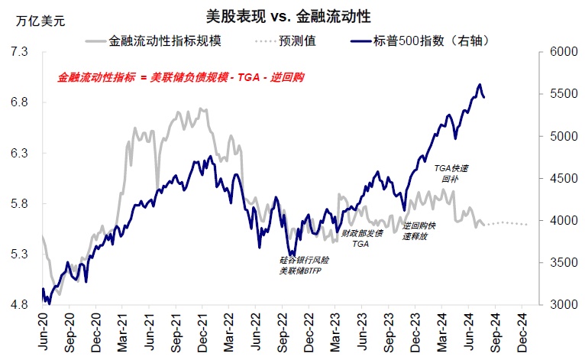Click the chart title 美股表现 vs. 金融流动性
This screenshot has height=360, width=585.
tap(293, 15)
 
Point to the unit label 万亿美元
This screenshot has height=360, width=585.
tap(40, 21)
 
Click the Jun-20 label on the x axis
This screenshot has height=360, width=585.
tap(44, 330)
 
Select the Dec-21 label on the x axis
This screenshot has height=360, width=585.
tap(204, 330)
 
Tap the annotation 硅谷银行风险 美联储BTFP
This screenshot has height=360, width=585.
tap(301, 265)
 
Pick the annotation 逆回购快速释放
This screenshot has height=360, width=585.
tap(419, 231)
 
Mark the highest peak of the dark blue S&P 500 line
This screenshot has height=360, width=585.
tap(480, 84)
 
